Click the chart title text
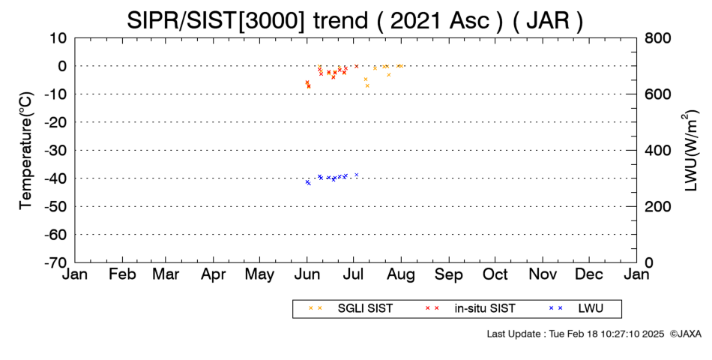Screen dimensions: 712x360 (355, 20)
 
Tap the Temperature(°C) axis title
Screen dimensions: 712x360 (26, 151)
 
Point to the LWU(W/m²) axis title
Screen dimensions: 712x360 (690, 151)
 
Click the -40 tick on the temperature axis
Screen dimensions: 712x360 (56, 178)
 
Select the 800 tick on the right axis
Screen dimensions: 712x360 (657, 38)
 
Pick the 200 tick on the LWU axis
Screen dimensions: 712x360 (657, 206)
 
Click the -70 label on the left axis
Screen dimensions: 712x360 (56, 262)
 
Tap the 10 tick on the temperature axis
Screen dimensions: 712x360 (59, 38)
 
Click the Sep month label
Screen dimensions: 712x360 (449, 274)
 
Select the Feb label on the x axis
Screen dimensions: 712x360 (122, 274)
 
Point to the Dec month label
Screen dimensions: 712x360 (589, 274)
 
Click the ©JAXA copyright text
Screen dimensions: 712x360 (685, 334)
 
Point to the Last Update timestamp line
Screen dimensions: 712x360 (576, 334)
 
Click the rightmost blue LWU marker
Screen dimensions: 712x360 (357, 175)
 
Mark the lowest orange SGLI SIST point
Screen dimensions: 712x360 (367, 85)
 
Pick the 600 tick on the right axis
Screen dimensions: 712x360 (657, 94)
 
